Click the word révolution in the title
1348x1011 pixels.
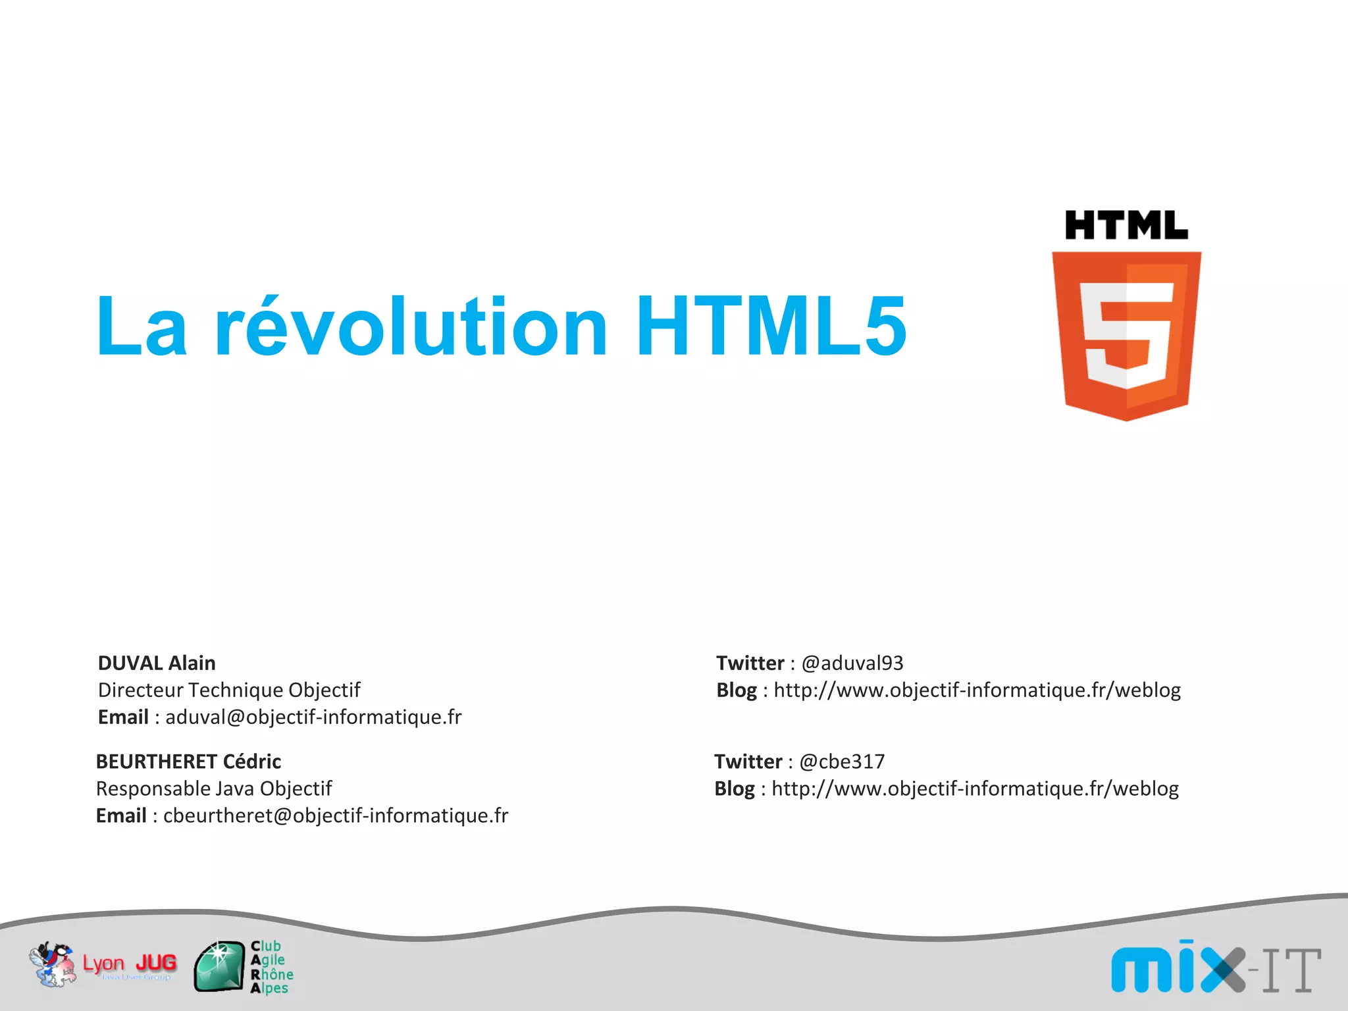(411, 326)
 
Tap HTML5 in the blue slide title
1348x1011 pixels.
(771, 326)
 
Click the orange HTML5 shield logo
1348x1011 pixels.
(1126, 336)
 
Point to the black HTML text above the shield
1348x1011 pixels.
(1126, 226)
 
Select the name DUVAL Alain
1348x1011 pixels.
(157, 663)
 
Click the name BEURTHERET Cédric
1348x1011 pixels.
(188, 762)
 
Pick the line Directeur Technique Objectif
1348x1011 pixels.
(229, 690)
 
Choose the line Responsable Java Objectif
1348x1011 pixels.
(214, 789)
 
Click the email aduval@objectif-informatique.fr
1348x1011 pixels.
(313, 717)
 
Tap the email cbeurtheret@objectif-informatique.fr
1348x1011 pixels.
(336, 816)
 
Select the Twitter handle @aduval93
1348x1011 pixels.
(852, 663)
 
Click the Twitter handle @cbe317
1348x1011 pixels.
(842, 762)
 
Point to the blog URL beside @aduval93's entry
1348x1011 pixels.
(977, 690)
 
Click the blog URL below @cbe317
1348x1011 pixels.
(975, 789)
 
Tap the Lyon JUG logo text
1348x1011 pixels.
(130, 964)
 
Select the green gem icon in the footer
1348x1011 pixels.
(219, 966)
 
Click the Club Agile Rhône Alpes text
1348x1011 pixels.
(271, 966)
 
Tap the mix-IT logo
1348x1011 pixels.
(1215, 968)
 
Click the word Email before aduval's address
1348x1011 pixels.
(123, 717)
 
